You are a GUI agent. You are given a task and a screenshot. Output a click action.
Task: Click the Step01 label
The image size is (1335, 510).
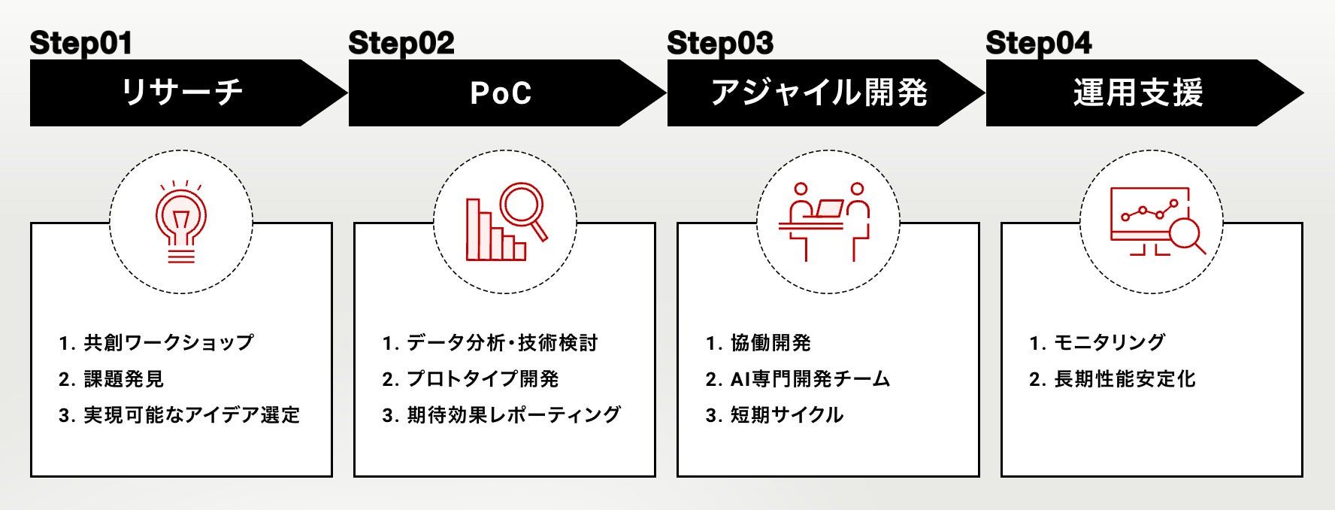[80, 43]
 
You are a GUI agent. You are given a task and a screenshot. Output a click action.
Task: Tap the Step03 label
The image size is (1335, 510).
[719, 43]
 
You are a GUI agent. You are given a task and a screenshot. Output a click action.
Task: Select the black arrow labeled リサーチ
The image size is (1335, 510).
[183, 93]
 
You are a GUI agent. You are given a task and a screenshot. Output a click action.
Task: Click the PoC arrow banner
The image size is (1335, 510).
[501, 93]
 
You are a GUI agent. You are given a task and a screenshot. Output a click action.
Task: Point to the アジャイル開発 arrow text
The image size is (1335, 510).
[819, 93]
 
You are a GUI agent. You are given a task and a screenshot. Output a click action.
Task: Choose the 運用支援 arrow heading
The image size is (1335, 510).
[1138, 93]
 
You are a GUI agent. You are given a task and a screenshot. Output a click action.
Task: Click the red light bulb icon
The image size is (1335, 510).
[180, 222]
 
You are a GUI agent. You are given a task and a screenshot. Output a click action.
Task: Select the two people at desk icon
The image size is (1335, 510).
[828, 222]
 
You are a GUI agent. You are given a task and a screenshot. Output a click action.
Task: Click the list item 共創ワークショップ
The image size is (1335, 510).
[168, 343]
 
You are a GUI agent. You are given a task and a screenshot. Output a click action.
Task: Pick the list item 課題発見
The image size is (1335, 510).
[123, 379]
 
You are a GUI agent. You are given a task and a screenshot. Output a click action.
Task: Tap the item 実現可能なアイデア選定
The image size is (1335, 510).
[191, 415]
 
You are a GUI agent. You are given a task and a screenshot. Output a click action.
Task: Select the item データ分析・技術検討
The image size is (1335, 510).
[501, 343]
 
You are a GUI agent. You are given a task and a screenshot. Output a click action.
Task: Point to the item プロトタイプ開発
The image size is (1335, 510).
[482, 379]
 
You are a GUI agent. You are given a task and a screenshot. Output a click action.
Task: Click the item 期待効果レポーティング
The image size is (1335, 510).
[513, 415]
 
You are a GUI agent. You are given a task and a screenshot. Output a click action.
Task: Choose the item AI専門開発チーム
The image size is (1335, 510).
[810, 379]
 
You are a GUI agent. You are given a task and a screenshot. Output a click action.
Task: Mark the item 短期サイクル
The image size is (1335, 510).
[786, 415]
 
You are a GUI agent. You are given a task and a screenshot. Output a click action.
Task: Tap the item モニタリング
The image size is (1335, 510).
[1109, 343]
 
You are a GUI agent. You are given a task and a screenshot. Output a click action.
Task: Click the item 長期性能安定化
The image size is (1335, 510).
[1124, 379]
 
